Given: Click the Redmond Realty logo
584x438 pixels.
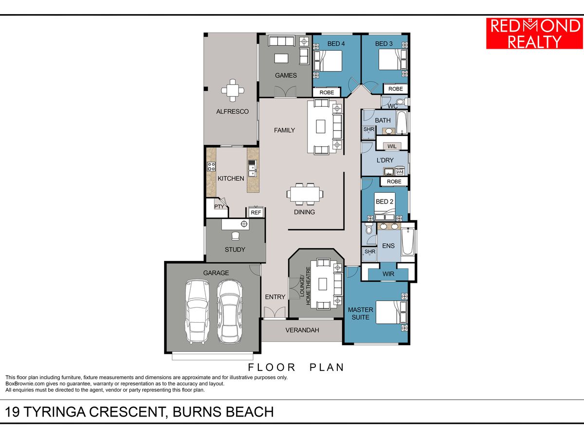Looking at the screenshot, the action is (534, 34).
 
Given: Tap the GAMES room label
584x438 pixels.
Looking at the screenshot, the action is (286, 75).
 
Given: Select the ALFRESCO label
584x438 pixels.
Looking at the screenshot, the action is (232, 112).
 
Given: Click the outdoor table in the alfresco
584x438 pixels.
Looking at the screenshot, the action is (233, 91).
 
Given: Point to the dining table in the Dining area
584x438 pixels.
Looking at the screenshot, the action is (305, 194).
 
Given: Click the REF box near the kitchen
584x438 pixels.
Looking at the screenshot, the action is (255, 213).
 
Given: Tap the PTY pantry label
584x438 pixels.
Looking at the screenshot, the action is (219, 206).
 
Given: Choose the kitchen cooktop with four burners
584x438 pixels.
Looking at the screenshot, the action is (212, 166).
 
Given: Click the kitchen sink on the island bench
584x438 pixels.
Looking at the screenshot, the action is (252, 170).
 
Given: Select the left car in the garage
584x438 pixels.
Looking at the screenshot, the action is (197, 311).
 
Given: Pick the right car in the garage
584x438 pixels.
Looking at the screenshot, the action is (229, 311).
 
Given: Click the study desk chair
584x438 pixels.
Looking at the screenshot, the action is (236, 236).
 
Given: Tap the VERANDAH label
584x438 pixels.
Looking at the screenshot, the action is (302, 330).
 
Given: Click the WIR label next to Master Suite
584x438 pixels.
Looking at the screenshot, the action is (388, 274).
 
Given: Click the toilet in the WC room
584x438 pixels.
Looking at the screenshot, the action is (401, 102).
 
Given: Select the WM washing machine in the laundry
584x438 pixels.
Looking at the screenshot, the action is (400, 171).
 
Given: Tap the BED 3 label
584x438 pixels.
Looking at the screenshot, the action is (383, 44).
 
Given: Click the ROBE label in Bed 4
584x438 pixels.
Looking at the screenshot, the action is (327, 92).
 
